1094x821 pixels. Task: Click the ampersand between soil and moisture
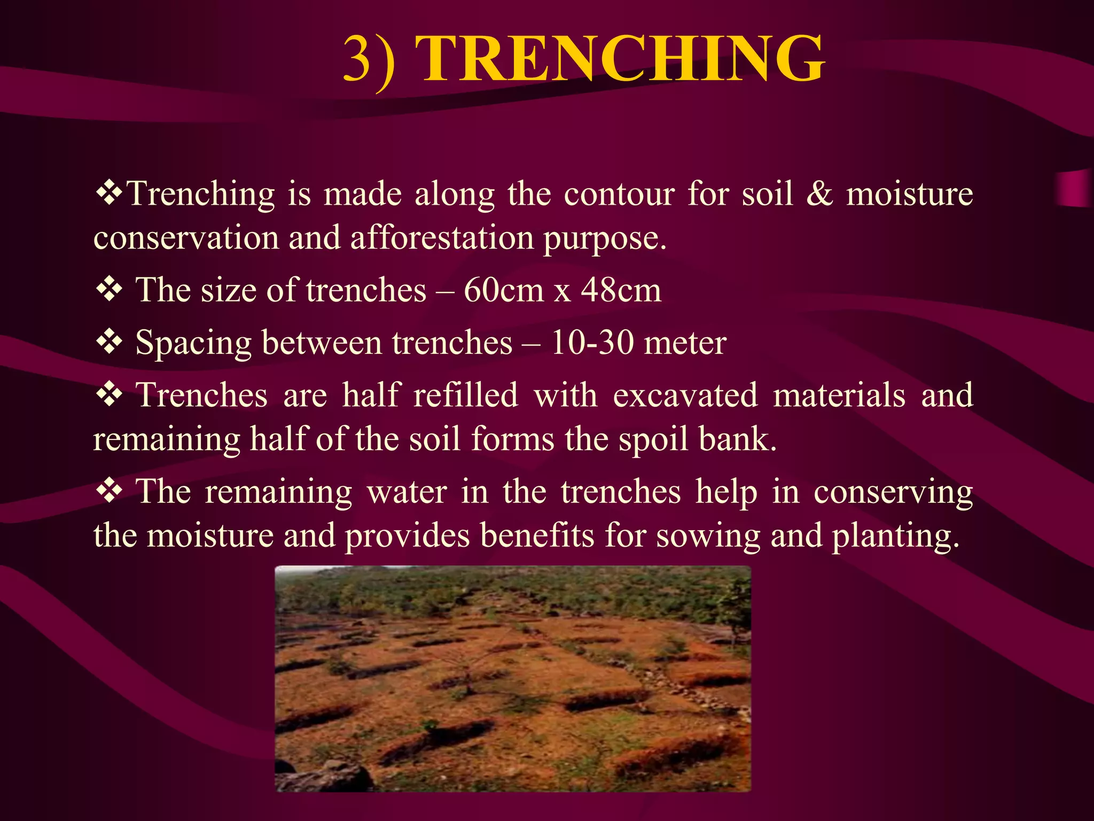819,193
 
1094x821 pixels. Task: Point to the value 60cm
503,290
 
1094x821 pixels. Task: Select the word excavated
685,396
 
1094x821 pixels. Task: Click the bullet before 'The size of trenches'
110,290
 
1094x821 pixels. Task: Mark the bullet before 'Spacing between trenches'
110,342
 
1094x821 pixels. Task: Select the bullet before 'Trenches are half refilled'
110,395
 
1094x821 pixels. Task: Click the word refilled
465,396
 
